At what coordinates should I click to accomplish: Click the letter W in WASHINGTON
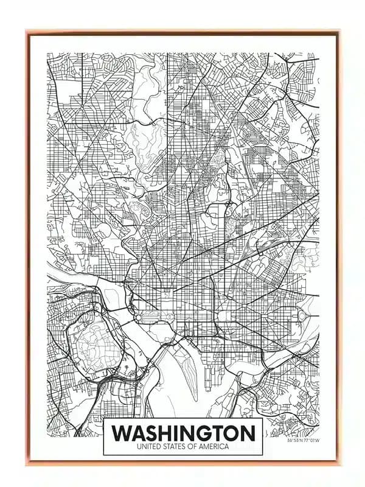click(x=123, y=433)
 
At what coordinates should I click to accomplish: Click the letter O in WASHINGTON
click(x=229, y=433)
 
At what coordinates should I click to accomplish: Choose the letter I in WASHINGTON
click(x=181, y=433)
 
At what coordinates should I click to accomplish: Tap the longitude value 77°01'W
click(x=309, y=441)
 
